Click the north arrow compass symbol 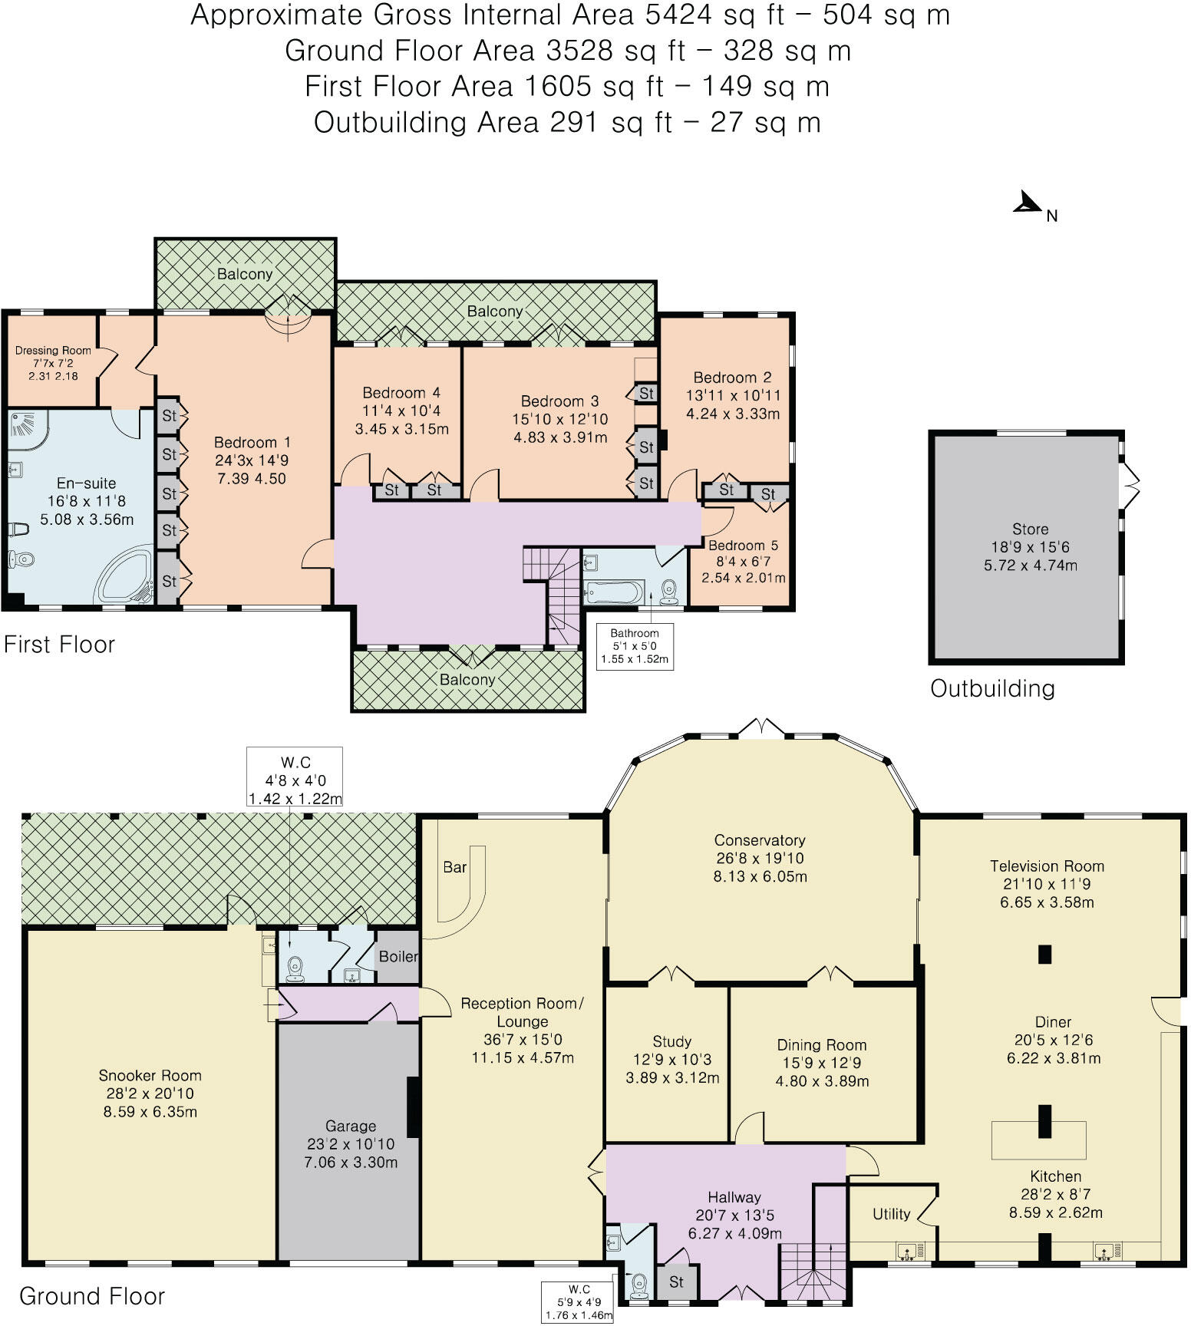click(1028, 203)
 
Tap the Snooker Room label click(150, 1076)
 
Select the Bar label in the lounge click(454, 867)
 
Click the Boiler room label click(398, 956)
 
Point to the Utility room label click(891, 1214)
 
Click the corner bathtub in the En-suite click(127, 574)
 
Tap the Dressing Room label click(53, 351)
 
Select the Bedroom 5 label click(742, 546)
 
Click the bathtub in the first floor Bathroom click(612, 592)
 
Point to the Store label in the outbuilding click(1030, 529)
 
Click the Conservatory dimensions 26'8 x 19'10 click(759, 858)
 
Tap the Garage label click(351, 1126)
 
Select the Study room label click(671, 1041)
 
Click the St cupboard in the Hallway click(676, 1281)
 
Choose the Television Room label click(1047, 866)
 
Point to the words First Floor click(59, 644)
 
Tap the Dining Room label click(821, 1045)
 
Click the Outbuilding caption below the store click(992, 688)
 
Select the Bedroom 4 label click(401, 393)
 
